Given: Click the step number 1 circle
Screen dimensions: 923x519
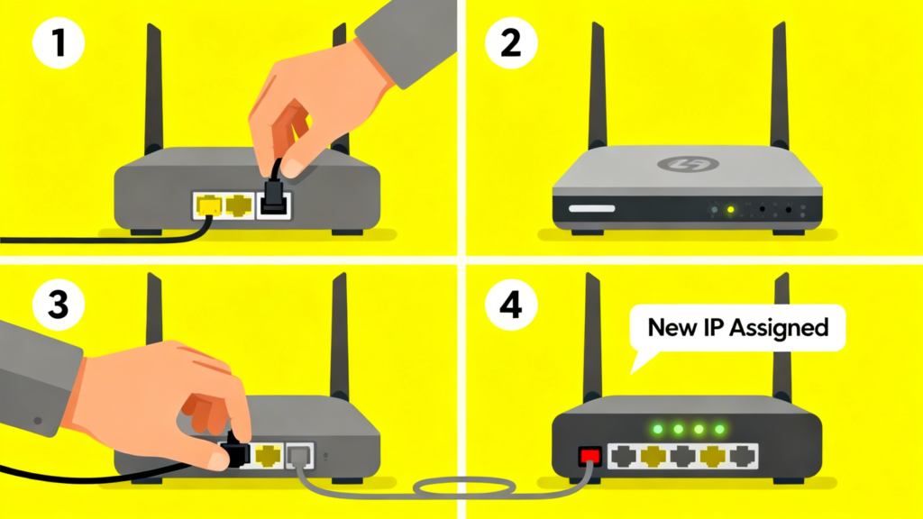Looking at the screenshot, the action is (59, 43).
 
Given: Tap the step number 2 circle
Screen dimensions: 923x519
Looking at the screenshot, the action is (511, 43).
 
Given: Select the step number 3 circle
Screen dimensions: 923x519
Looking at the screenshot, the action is (59, 305).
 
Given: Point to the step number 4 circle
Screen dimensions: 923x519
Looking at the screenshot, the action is (511, 305).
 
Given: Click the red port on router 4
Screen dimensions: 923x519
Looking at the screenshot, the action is (589, 455).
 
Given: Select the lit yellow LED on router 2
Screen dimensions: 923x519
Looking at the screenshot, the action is (730, 209).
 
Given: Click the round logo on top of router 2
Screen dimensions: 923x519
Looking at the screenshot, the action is (688, 164).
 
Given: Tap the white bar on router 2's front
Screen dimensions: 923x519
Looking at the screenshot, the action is (591, 208).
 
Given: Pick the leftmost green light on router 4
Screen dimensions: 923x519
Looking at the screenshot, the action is (658, 430).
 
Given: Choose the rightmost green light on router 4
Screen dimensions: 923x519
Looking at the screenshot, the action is (719, 430).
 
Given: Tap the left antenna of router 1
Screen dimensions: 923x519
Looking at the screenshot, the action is (153, 88).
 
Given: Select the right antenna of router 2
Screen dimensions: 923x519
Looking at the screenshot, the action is (780, 86).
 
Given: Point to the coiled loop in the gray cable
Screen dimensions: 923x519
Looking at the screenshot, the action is (464, 487).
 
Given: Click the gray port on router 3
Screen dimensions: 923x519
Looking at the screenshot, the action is (300, 456).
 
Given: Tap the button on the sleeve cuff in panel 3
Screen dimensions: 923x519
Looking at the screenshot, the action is (38, 421).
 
